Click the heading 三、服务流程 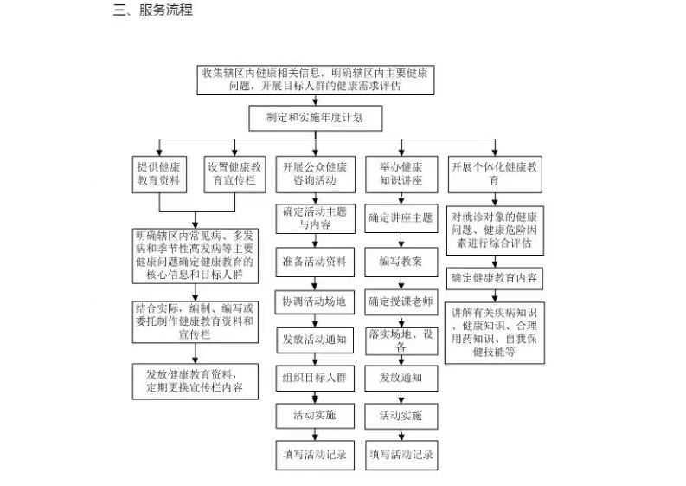point(153,10)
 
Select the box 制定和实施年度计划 point(316,118)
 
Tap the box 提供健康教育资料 point(159,174)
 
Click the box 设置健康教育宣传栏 point(234,174)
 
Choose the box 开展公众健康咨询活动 point(316,174)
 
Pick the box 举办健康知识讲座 point(401,174)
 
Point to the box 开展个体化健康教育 point(495,174)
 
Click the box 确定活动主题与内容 point(315,218)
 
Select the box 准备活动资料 point(315,262)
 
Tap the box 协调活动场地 point(314,302)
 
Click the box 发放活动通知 point(315,340)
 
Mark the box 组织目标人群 point(315,379)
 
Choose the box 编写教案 point(401,262)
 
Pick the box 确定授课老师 point(401,302)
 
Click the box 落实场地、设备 point(401,341)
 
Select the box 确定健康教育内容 point(494,278)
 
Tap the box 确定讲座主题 point(401,218)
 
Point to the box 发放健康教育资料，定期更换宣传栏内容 point(196,381)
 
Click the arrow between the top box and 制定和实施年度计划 point(316,100)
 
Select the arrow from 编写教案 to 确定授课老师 point(401,283)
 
